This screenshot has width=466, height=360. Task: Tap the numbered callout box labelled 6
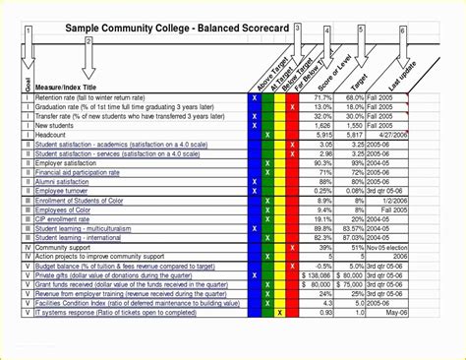pos(402,30)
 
